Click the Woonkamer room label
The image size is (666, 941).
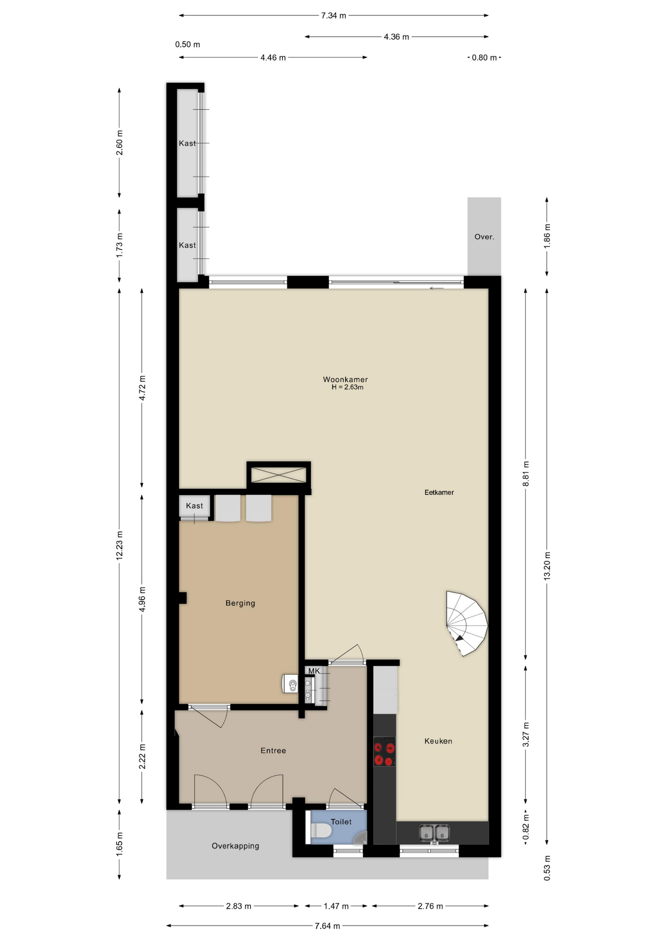click(x=345, y=379)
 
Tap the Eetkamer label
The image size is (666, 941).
click(x=439, y=493)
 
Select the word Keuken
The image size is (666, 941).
click(x=438, y=741)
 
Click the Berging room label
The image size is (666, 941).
click(x=240, y=603)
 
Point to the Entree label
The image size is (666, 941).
click(x=273, y=750)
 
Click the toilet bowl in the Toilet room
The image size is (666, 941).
click(x=321, y=830)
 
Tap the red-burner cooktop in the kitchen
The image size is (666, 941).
click(x=384, y=751)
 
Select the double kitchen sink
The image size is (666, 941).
click(x=435, y=833)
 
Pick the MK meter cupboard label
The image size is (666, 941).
click(x=314, y=671)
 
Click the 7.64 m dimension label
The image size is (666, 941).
click(x=327, y=926)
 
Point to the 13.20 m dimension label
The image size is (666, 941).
click(x=547, y=566)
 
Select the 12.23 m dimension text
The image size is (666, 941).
click(x=119, y=545)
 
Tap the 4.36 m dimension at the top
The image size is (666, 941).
click(x=396, y=37)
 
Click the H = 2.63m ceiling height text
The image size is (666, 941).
click(x=347, y=387)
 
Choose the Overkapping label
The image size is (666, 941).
click(x=235, y=846)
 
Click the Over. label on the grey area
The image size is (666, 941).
click(x=484, y=237)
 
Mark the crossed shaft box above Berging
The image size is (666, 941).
click(x=279, y=474)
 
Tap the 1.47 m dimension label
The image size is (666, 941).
click(x=336, y=906)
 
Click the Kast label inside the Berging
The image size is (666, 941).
click(x=194, y=506)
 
